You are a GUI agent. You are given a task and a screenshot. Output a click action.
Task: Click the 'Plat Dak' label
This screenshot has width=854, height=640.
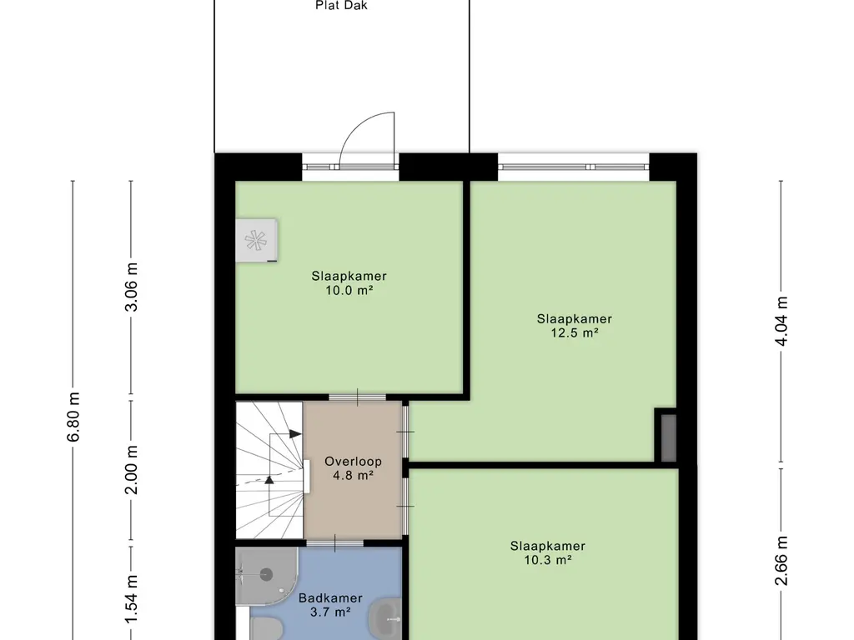coord(341,6)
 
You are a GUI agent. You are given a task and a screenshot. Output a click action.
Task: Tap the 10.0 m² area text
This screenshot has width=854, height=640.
coord(349,291)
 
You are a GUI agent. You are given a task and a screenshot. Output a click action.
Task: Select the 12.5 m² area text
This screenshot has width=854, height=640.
coord(575,332)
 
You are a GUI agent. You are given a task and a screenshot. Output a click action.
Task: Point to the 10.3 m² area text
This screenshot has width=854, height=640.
coord(548,559)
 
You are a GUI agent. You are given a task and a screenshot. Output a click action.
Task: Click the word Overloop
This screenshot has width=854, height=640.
coord(353,462)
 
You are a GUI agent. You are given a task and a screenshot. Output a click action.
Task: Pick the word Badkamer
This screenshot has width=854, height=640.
coord(330,598)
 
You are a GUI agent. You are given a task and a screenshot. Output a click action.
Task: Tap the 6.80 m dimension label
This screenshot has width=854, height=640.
coord(74,417)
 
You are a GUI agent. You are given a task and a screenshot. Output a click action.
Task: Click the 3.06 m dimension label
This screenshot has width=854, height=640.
coord(131,287)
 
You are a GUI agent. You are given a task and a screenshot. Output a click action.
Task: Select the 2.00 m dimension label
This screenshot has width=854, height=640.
coord(131,470)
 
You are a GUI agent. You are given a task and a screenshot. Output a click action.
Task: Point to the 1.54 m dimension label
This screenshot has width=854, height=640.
coord(131,600)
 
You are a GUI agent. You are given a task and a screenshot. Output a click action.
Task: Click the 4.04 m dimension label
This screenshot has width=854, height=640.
coord(781,321)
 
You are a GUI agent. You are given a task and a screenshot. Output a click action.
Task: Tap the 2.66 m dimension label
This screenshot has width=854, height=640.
coord(781,561)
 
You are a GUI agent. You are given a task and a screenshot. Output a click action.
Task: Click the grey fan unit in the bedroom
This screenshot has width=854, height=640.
coord(257,240)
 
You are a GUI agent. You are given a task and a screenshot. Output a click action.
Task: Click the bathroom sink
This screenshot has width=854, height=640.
coord(385,618)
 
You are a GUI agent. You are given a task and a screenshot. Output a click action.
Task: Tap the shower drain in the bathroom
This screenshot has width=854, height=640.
coord(266,573)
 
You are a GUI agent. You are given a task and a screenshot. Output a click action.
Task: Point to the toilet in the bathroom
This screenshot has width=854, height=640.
coord(266,629)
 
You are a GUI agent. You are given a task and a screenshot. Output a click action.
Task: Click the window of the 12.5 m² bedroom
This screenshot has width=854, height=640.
coord(574,167)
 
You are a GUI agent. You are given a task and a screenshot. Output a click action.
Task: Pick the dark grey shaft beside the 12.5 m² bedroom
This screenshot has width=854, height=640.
coord(668,438)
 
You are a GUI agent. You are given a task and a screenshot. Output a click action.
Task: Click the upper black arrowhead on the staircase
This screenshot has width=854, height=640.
coord(294,433)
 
